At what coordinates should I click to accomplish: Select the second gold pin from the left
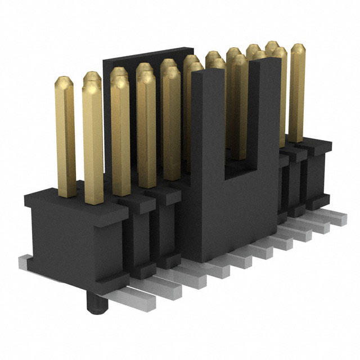click(92, 141)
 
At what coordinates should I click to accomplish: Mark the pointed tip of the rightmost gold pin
click(298, 48)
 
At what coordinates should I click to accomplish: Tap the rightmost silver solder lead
click(336, 218)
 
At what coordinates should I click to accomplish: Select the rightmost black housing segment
click(318, 174)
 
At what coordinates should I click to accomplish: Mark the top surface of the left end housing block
click(79, 200)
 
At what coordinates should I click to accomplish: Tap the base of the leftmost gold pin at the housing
click(66, 192)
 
